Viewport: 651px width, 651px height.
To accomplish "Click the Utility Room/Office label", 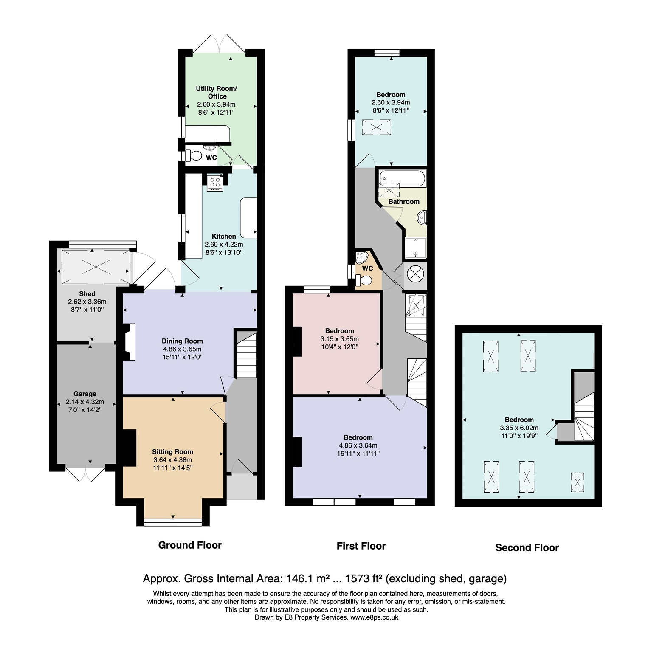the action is pyautogui.click(x=217, y=93).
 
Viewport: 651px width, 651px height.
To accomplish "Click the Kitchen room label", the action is pyautogui.click(x=224, y=237).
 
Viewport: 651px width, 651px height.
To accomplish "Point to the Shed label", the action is pyautogui.click(x=87, y=294).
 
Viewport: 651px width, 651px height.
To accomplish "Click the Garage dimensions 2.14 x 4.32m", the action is pyautogui.click(x=85, y=402).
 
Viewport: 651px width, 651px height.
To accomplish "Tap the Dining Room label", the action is pyautogui.click(x=182, y=341).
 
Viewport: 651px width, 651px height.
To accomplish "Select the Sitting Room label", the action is pyautogui.click(x=173, y=452).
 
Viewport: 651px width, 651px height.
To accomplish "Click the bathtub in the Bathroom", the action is pyautogui.click(x=402, y=179).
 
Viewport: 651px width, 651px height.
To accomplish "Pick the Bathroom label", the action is pyautogui.click(x=404, y=202).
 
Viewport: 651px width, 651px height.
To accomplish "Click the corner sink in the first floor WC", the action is pyautogui.click(x=363, y=257).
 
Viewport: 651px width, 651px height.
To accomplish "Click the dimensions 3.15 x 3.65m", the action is pyautogui.click(x=340, y=339).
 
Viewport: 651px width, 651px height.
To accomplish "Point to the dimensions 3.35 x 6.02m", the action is pyautogui.click(x=519, y=428).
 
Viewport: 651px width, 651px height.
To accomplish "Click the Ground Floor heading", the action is pyautogui.click(x=190, y=545).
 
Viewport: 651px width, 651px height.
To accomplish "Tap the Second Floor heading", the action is pyautogui.click(x=527, y=548).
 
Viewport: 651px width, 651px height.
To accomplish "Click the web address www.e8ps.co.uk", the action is pyautogui.click(x=374, y=617).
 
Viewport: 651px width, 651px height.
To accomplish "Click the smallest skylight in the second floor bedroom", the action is pyautogui.click(x=577, y=482).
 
